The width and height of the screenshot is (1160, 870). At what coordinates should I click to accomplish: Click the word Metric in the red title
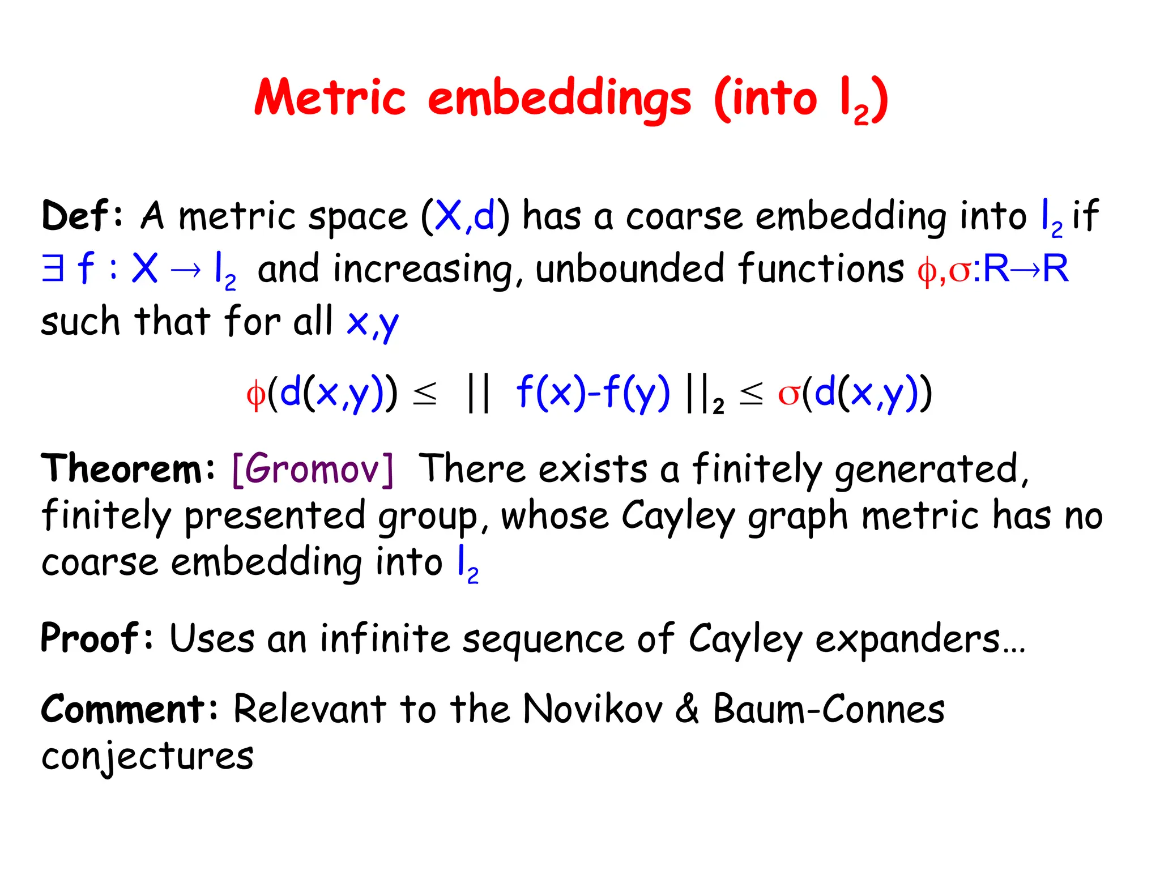330,97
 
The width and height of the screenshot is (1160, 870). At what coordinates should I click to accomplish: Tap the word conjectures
147,758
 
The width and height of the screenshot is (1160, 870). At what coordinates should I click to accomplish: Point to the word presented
275,517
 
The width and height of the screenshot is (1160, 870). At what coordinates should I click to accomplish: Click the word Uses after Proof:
212,638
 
